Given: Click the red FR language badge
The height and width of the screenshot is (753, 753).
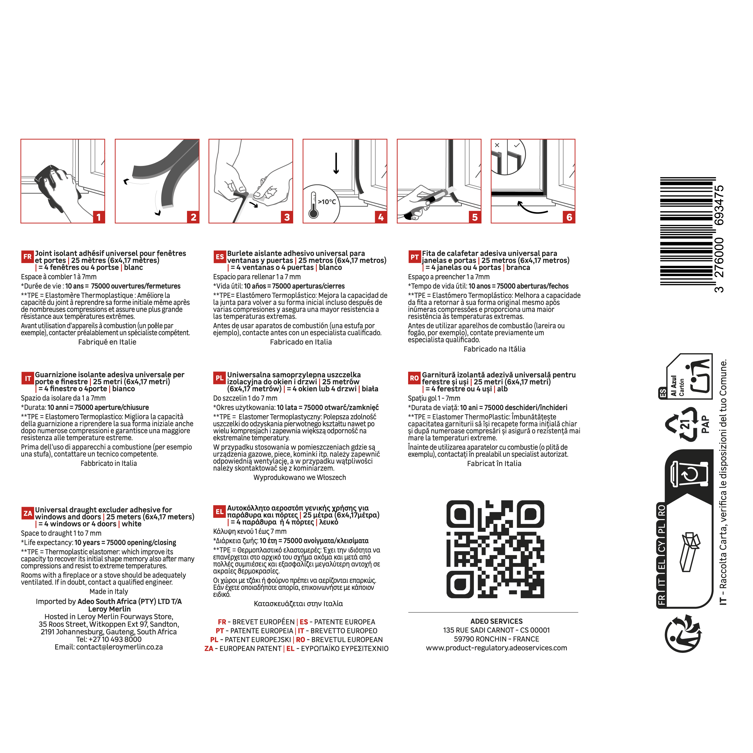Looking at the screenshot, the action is [28, 257].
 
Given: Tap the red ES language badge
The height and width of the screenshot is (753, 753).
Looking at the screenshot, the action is [220, 257].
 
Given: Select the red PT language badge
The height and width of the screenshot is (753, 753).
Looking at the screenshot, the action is [414, 257].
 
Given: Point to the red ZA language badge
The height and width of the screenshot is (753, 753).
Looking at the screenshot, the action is [28, 513].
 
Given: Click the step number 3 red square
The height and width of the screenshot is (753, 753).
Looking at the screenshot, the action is [287, 217].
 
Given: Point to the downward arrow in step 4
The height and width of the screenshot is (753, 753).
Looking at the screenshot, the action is [336, 163].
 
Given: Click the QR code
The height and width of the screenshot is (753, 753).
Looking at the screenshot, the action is [495, 549].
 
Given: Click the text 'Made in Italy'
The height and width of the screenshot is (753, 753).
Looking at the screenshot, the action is [109, 591].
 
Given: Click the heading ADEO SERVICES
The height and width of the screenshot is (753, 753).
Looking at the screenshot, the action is [496, 621].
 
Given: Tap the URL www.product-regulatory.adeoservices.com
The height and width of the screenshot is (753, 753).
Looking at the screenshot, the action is [496, 648].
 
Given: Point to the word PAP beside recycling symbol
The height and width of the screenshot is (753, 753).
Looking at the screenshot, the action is [705, 424].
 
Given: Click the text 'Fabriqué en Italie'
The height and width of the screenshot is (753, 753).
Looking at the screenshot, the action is [107, 342].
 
